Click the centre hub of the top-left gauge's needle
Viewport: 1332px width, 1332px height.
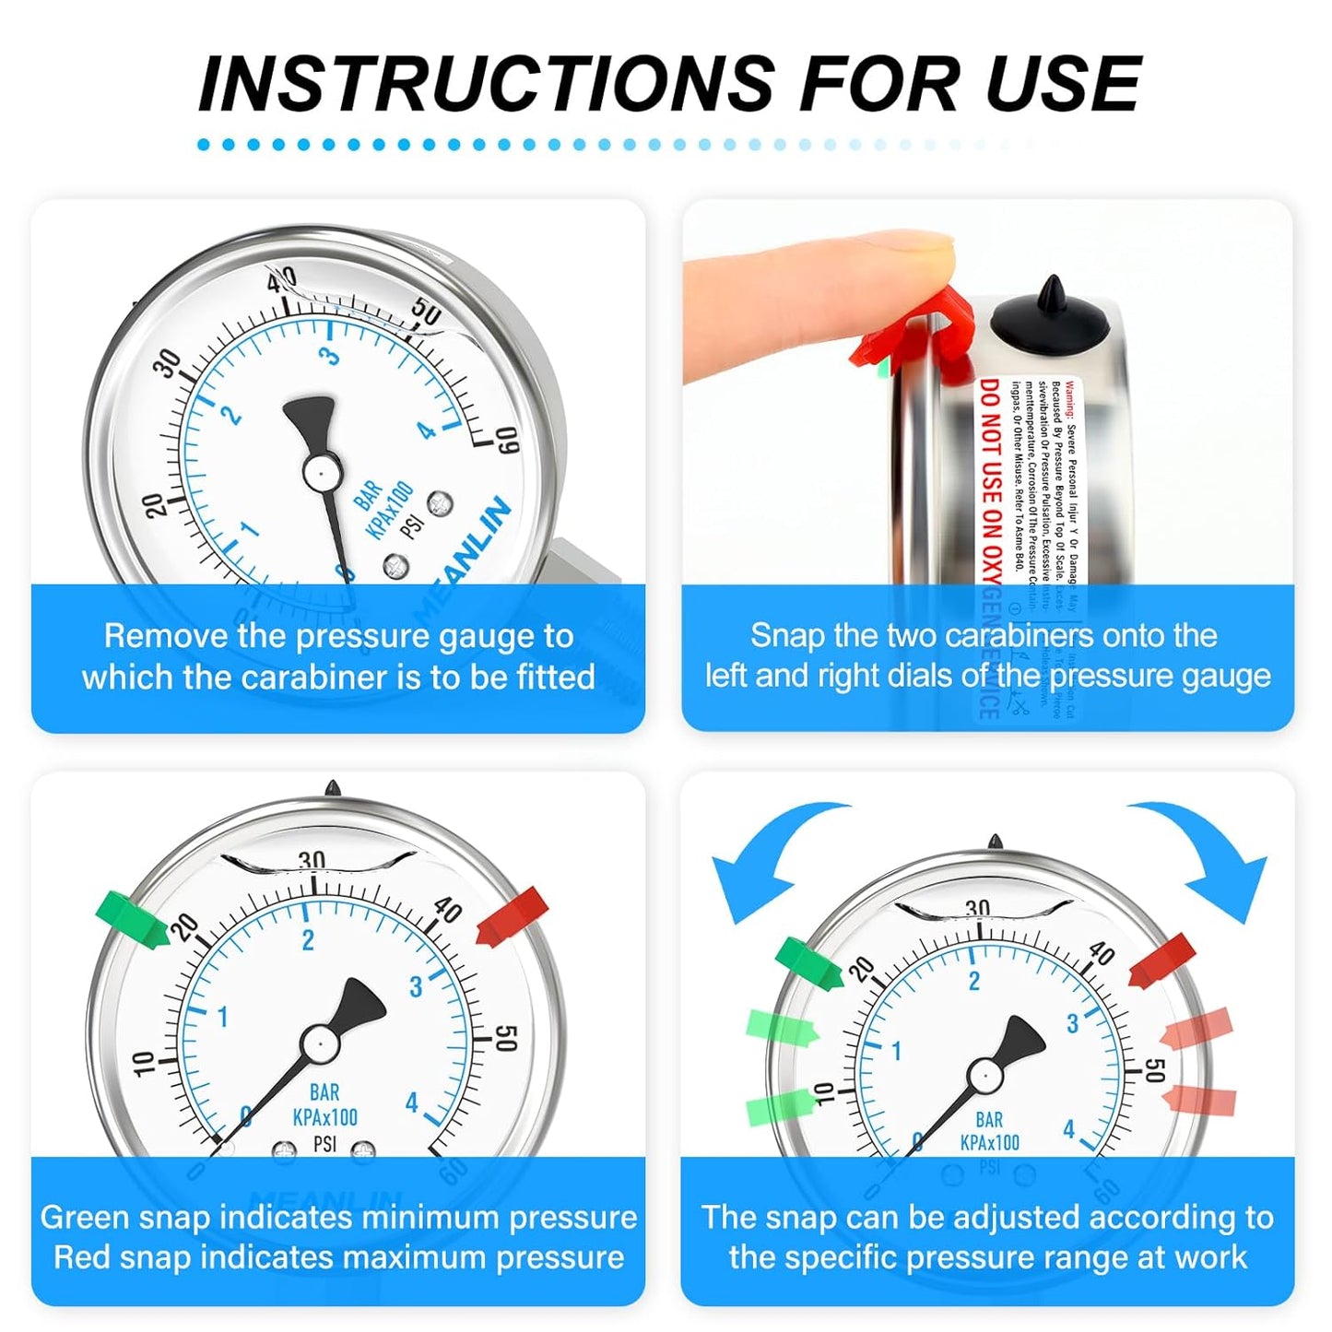coord(318,472)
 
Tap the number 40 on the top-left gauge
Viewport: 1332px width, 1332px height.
coord(282,278)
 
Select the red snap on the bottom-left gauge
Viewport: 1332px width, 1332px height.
coord(513,915)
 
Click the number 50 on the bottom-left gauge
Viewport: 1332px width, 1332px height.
coord(505,1038)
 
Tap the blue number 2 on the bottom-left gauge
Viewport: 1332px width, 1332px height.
coord(308,939)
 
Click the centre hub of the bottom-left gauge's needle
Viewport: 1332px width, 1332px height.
coord(319,1043)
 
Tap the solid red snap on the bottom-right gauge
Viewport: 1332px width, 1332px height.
coord(1162,961)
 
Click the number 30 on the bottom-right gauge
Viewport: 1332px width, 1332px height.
coord(977,909)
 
